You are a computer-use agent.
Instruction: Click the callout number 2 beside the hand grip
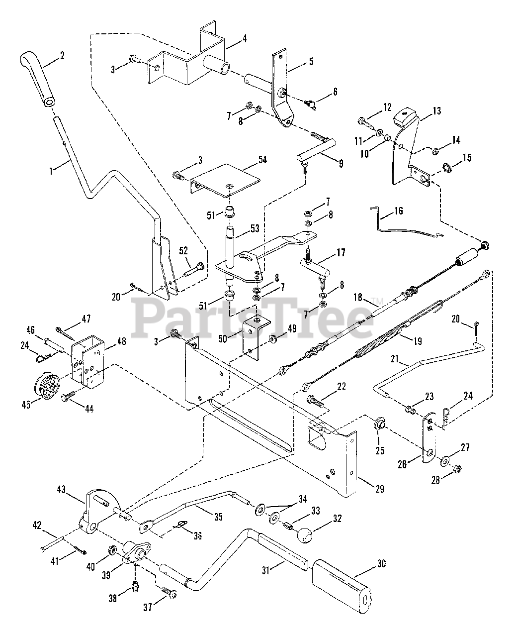click(x=62, y=56)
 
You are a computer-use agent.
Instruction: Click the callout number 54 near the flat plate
click(x=262, y=160)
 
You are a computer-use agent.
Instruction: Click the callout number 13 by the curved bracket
click(x=437, y=111)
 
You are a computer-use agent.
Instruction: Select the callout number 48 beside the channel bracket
click(x=122, y=341)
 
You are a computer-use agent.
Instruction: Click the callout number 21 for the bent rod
click(x=395, y=359)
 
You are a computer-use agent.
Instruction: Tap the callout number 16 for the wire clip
click(x=398, y=211)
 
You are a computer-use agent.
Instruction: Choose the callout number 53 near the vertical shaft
click(x=255, y=228)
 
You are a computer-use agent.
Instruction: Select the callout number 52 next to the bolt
click(x=183, y=251)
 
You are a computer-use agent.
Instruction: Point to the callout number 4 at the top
click(x=245, y=39)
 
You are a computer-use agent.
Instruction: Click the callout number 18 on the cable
click(x=358, y=297)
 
